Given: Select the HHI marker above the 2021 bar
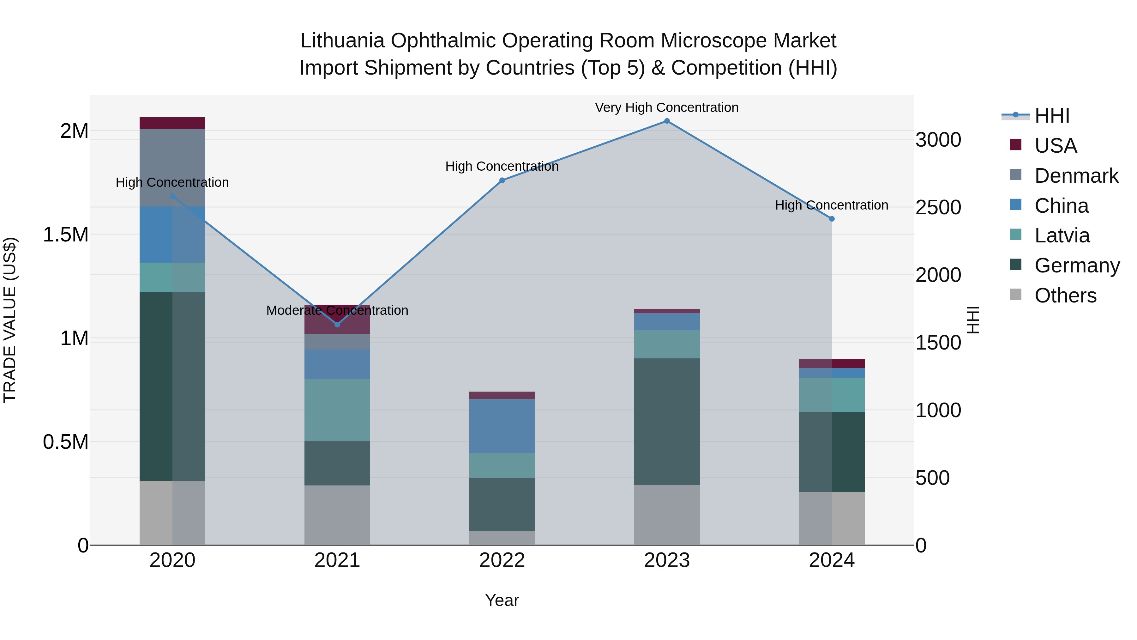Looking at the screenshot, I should [337, 325].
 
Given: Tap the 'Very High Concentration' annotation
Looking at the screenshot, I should [666, 107].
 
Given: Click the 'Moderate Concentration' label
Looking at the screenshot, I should [337, 310].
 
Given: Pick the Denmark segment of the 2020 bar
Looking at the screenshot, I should [172, 168].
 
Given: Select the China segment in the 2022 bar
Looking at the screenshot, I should [502, 426].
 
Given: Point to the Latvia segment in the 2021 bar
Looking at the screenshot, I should [337, 410].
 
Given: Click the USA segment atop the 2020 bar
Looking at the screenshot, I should [172, 123].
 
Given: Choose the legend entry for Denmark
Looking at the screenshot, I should [1076, 176].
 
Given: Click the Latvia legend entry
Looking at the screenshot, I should [1062, 235].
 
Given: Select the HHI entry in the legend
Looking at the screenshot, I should [1051, 116].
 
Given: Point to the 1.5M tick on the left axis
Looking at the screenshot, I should [65, 235].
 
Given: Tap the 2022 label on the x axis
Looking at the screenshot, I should [502, 560].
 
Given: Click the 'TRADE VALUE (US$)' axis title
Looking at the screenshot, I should [10, 320].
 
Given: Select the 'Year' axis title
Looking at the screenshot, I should [502, 600].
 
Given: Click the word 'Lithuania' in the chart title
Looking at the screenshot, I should [342, 41].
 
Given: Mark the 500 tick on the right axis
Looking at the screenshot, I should [932, 478].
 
